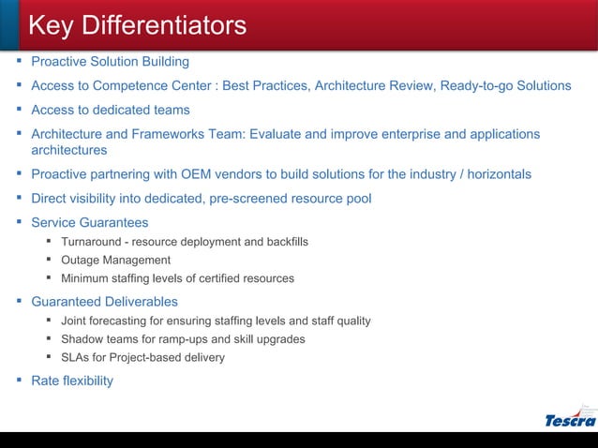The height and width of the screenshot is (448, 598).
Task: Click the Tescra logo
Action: (x=570, y=419)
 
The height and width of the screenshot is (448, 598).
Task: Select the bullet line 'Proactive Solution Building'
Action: (x=110, y=62)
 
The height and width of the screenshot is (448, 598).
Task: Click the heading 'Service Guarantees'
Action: (x=90, y=223)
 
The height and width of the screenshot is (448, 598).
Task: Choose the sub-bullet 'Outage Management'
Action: (x=115, y=260)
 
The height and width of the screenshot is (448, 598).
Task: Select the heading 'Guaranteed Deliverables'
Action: (x=104, y=302)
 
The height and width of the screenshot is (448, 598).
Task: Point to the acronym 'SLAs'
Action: (x=77, y=357)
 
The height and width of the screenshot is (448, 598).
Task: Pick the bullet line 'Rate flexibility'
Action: (x=72, y=381)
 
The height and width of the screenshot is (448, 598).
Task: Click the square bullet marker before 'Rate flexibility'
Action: (x=21, y=380)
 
